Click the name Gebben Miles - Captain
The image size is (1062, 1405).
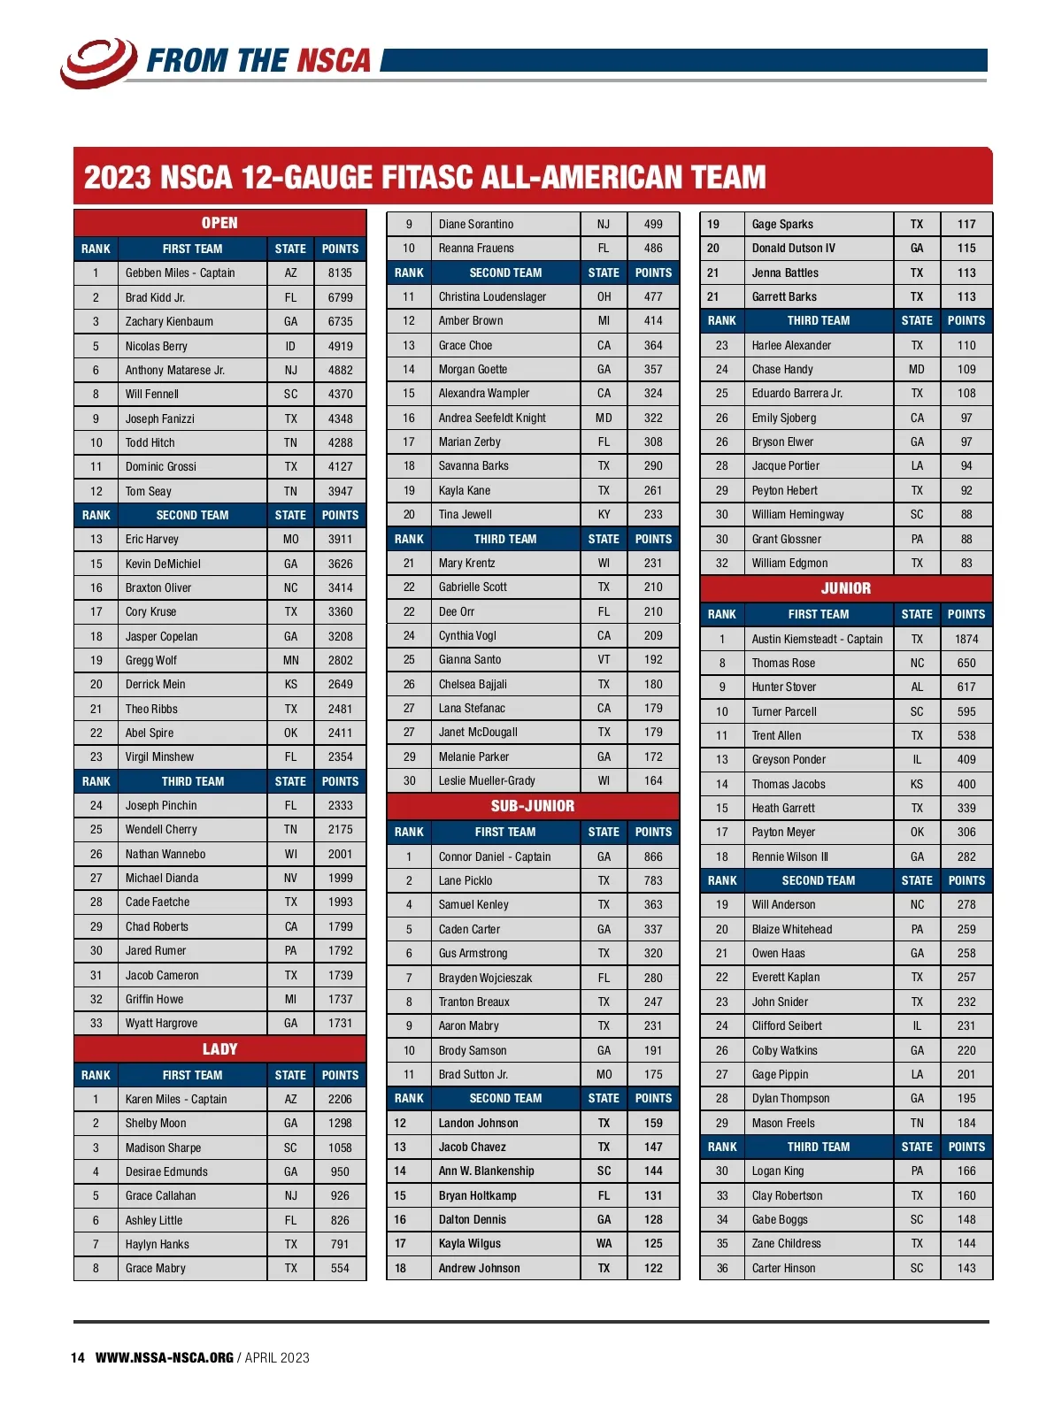pyautogui.click(x=180, y=273)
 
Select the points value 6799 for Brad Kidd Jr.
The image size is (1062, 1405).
pyautogui.click(x=340, y=297)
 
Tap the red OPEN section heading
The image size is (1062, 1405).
pyautogui.click(x=219, y=223)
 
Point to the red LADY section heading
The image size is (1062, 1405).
pyautogui.click(x=219, y=1049)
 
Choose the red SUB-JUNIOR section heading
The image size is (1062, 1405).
pyautogui.click(x=533, y=806)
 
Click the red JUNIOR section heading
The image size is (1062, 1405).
pyautogui.click(x=846, y=588)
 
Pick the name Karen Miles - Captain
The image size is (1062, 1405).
pyautogui.click(x=175, y=1099)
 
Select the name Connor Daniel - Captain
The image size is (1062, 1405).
pyautogui.click(x=494, y=856)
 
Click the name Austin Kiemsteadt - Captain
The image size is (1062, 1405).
pyautogui.click(x=817, y=639)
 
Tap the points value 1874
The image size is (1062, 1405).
pyautogui.click(x=966, y=639)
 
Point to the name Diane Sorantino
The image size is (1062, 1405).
pyautogui.click(x=475, y=225)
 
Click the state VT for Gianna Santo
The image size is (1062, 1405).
pyautogui.click(x=604, y=659)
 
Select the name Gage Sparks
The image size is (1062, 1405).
pyautogui.click(x=782, y=225)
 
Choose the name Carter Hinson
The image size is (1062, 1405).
pyautogui.click(x=783, y=1268)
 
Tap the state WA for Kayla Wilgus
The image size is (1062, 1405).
pyautogui.click(x=604, y=1243)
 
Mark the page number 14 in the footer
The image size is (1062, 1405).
pyautogui.click(x=78, y=1357)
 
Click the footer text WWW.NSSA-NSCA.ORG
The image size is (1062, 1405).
pyautogui.click(x=165, y=1357)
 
